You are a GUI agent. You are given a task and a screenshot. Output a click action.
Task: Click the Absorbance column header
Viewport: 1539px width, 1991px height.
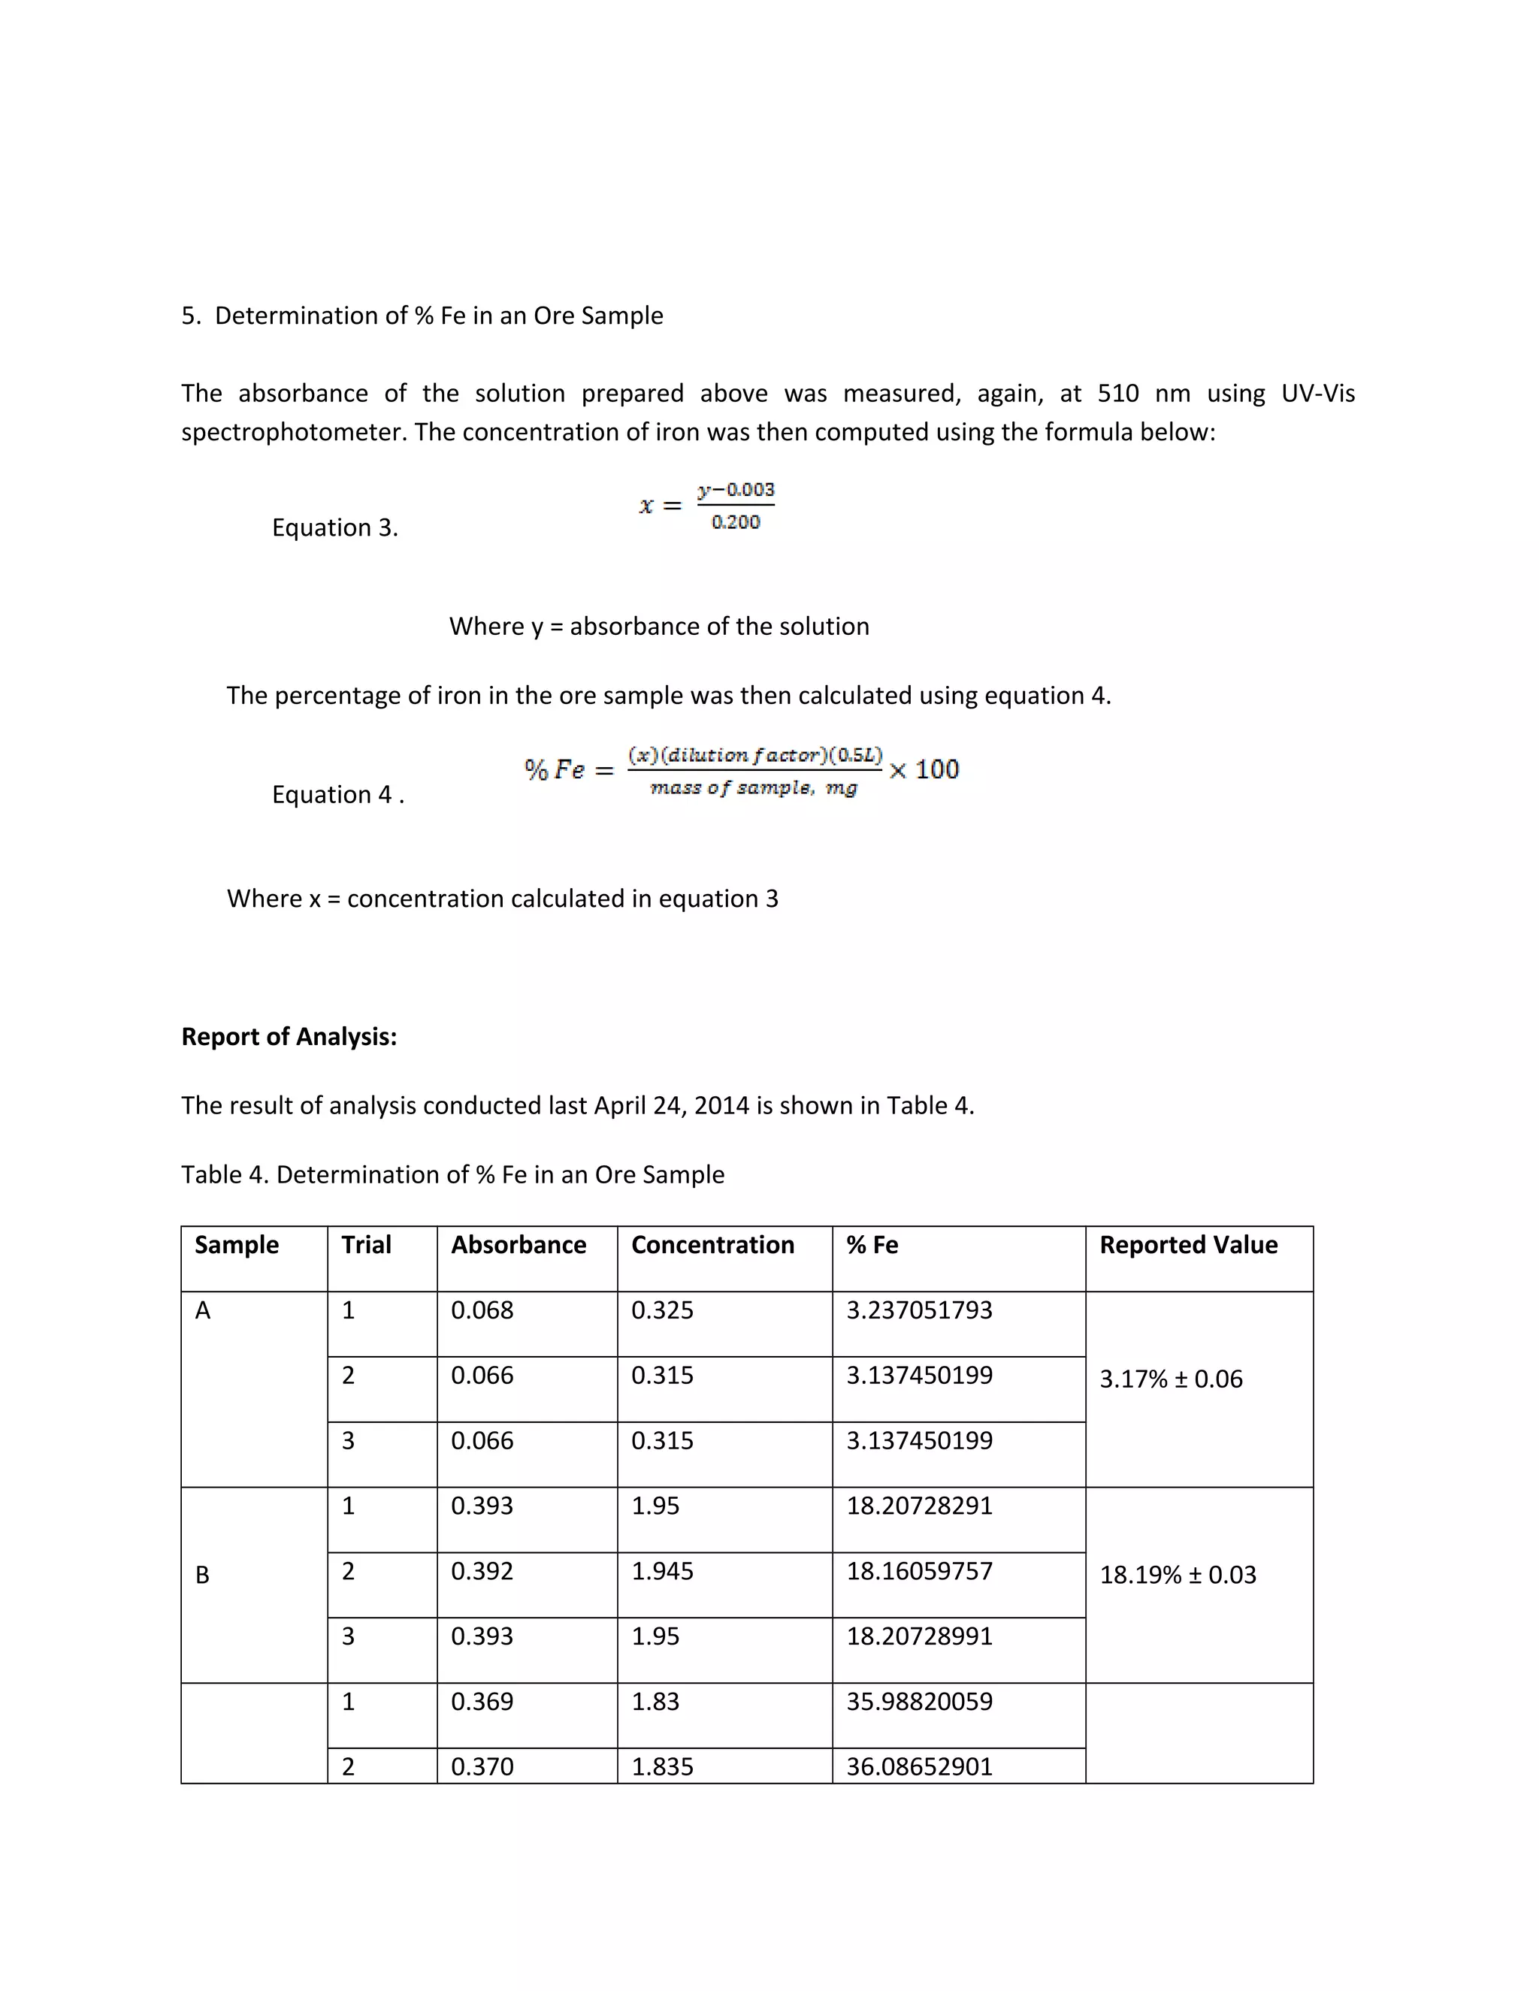click(x=518, y=1244)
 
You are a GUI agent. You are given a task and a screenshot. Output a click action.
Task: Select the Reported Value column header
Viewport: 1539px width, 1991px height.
click(x=1187, y=1244)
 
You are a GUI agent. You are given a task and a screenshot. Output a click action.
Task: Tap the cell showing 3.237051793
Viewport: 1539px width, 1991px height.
click(x=918, y=1310)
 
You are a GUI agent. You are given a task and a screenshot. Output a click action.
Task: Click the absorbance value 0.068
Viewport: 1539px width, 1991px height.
click(x=482, y=1310)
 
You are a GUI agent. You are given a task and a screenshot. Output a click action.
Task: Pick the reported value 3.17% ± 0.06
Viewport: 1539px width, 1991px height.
click(x=1170, y=1379)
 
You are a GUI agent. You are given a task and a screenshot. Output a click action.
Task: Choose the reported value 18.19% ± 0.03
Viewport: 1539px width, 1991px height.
click(x=1177, y=1574)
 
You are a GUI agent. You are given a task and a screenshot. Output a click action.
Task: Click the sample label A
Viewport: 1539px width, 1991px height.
click(x=202, y=1310)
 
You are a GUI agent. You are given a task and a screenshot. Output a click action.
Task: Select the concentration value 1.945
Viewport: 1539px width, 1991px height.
click(x=662, y=1571)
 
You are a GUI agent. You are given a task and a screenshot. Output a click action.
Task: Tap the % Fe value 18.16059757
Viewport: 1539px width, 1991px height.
click(x=918, y=1571)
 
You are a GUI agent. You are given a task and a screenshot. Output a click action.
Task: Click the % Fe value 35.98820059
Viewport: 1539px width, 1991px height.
click(x=918, y=1701)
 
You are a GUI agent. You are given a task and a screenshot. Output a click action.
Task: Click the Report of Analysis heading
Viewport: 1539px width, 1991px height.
click(x=289, y=1037)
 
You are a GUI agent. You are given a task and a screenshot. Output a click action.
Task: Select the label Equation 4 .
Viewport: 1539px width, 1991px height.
click(x=337, y=795)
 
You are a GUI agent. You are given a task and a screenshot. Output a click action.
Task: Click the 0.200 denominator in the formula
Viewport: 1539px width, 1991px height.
click(x=735, y=522)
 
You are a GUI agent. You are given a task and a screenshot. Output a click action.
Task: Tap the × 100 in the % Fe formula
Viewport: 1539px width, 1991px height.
click(x=924, y=769)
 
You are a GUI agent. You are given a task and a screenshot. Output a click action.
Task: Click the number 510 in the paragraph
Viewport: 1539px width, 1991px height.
click(x=1117, y=394)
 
